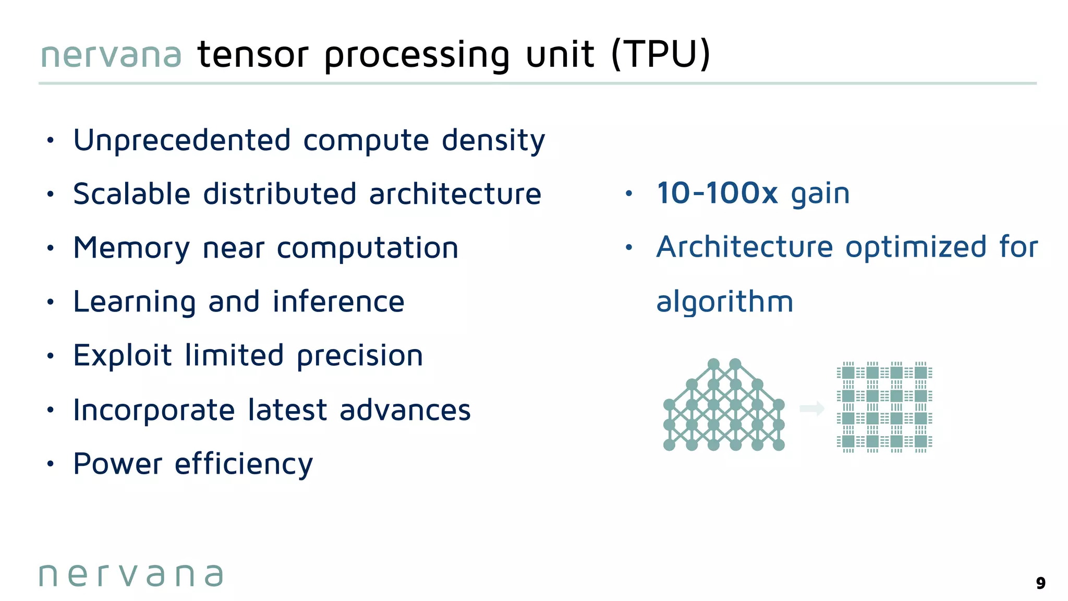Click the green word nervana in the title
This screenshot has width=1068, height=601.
pyautogui.click(x=111, y=55)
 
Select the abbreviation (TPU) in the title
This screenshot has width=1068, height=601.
pyautogui.click(x=661, y=54)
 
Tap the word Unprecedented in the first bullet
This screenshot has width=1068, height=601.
pyautogui.click(x=182, y=140)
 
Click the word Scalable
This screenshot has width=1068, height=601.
pyautogui.click(x=132, y=194)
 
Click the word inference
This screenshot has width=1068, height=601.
pyautogui.click(x=338, y=302)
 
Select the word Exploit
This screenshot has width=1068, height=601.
pyautogui.click(x=123, y=356)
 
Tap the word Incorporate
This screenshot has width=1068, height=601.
pyautogui.click(x=154, y=410)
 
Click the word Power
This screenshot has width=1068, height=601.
pyautogui.click(x=118, y=464)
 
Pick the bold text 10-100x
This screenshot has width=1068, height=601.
pyautogui.click(x=717, y=193)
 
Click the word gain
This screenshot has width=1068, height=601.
pyautogui.click(x=820, y=195)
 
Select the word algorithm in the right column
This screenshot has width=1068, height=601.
pyautogui.click(x=724, y=302)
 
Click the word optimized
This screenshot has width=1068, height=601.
pyautogui.click(x=916, y=247)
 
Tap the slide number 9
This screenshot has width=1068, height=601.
pyautogui.click(x=1040, y=583)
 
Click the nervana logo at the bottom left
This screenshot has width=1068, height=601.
pyautogui.click(x=131, y=575)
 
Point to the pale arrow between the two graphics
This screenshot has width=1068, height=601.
pyautogui.click(x=812, y=408)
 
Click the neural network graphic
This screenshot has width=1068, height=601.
pyautogui.click(x=724, y=405)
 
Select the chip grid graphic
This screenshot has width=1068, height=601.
pyautogui.click(x=884, y=407)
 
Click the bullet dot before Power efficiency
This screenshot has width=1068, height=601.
pyautogui.click(x=50, y=464)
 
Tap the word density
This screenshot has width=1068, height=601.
pyautogui.click(x=493, y=141)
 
